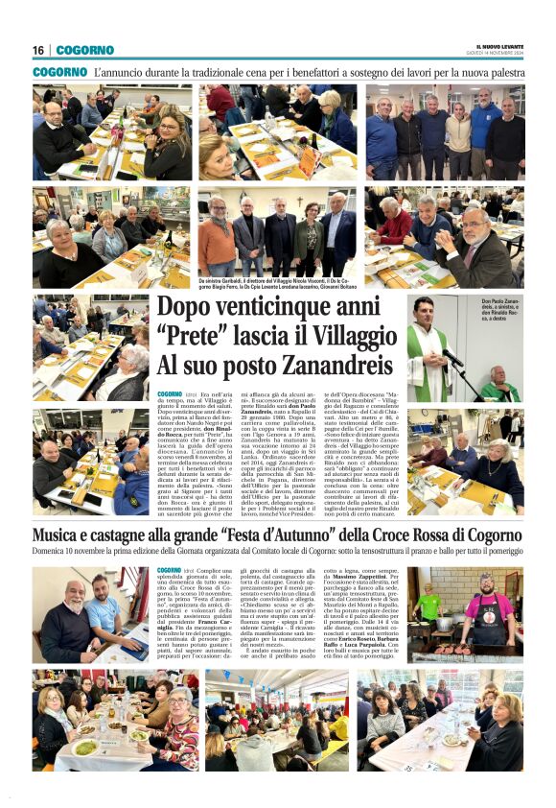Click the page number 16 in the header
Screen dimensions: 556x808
point(38,50)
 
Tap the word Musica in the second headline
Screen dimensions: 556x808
point(59,535)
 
